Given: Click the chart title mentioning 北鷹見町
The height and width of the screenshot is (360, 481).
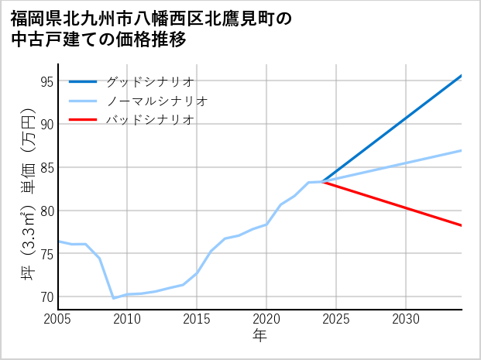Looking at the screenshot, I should click(152, 29).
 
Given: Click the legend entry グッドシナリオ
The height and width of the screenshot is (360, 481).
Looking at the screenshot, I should click(149, 81).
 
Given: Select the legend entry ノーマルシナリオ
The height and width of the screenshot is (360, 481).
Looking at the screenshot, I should click(156, 101).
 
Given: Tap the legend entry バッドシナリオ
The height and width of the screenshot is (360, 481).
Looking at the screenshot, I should click(149, 120).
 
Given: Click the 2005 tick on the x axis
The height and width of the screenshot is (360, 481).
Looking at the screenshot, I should click(57, 318).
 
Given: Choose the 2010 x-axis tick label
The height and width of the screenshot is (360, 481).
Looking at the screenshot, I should click(127, 318).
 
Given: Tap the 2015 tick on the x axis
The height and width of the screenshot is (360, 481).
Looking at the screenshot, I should click(197, 318).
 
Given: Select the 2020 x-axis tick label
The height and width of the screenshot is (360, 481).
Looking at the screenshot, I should click(266, 318).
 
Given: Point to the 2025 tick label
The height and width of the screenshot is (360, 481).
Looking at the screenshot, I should click(336, 318).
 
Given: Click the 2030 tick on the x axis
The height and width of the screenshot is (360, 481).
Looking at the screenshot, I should click(406, 318).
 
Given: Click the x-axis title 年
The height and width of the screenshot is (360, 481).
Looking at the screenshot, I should click(259, 336).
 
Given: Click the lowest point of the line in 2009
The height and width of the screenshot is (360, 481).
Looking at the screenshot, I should click(113, 298).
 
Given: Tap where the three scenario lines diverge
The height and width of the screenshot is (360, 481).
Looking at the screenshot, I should click(322, 182).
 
